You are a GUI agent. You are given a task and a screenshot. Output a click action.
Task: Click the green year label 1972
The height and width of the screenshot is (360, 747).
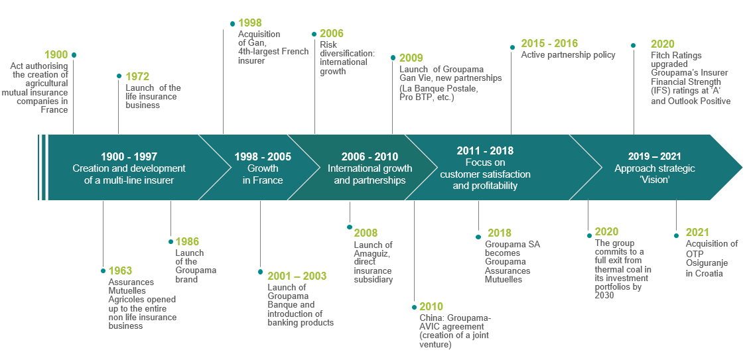[138, 77]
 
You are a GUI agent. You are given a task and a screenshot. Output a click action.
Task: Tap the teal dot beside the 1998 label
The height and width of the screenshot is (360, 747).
[232, 23]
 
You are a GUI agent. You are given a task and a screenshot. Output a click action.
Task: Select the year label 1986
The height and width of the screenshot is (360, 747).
[187, 242]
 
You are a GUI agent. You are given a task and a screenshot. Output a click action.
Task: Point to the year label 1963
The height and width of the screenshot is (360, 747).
[121, 271]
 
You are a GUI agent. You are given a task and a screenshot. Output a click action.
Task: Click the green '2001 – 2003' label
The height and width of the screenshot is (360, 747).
[297, 276]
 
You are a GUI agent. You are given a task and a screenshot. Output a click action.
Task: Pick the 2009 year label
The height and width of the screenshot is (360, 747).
[411, 58]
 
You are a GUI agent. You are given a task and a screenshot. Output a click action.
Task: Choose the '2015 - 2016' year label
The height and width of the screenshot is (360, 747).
[549, 44]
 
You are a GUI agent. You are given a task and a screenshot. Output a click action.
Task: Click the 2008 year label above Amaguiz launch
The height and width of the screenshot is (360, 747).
[366, 233]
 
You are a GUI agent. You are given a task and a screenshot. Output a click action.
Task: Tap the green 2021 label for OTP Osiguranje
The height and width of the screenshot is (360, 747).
[697, 233]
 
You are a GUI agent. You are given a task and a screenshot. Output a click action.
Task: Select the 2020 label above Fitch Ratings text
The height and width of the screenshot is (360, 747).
[663, 44]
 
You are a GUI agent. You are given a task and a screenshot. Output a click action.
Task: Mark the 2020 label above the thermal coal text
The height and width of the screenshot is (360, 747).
[606, 232]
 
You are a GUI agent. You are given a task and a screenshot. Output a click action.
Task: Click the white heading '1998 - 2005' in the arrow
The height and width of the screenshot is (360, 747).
[263, 156]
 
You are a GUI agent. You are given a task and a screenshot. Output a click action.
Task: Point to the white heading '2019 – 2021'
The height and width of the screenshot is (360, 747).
[655, 156]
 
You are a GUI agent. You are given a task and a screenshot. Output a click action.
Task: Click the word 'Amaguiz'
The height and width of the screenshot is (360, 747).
[370, 253]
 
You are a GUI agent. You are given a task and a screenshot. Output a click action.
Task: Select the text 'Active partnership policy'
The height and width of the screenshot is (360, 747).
[569, 55]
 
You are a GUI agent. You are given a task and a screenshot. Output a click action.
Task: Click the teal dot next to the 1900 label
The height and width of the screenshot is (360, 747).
[74, 55]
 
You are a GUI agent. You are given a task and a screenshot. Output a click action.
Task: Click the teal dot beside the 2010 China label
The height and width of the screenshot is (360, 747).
[414, 308]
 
